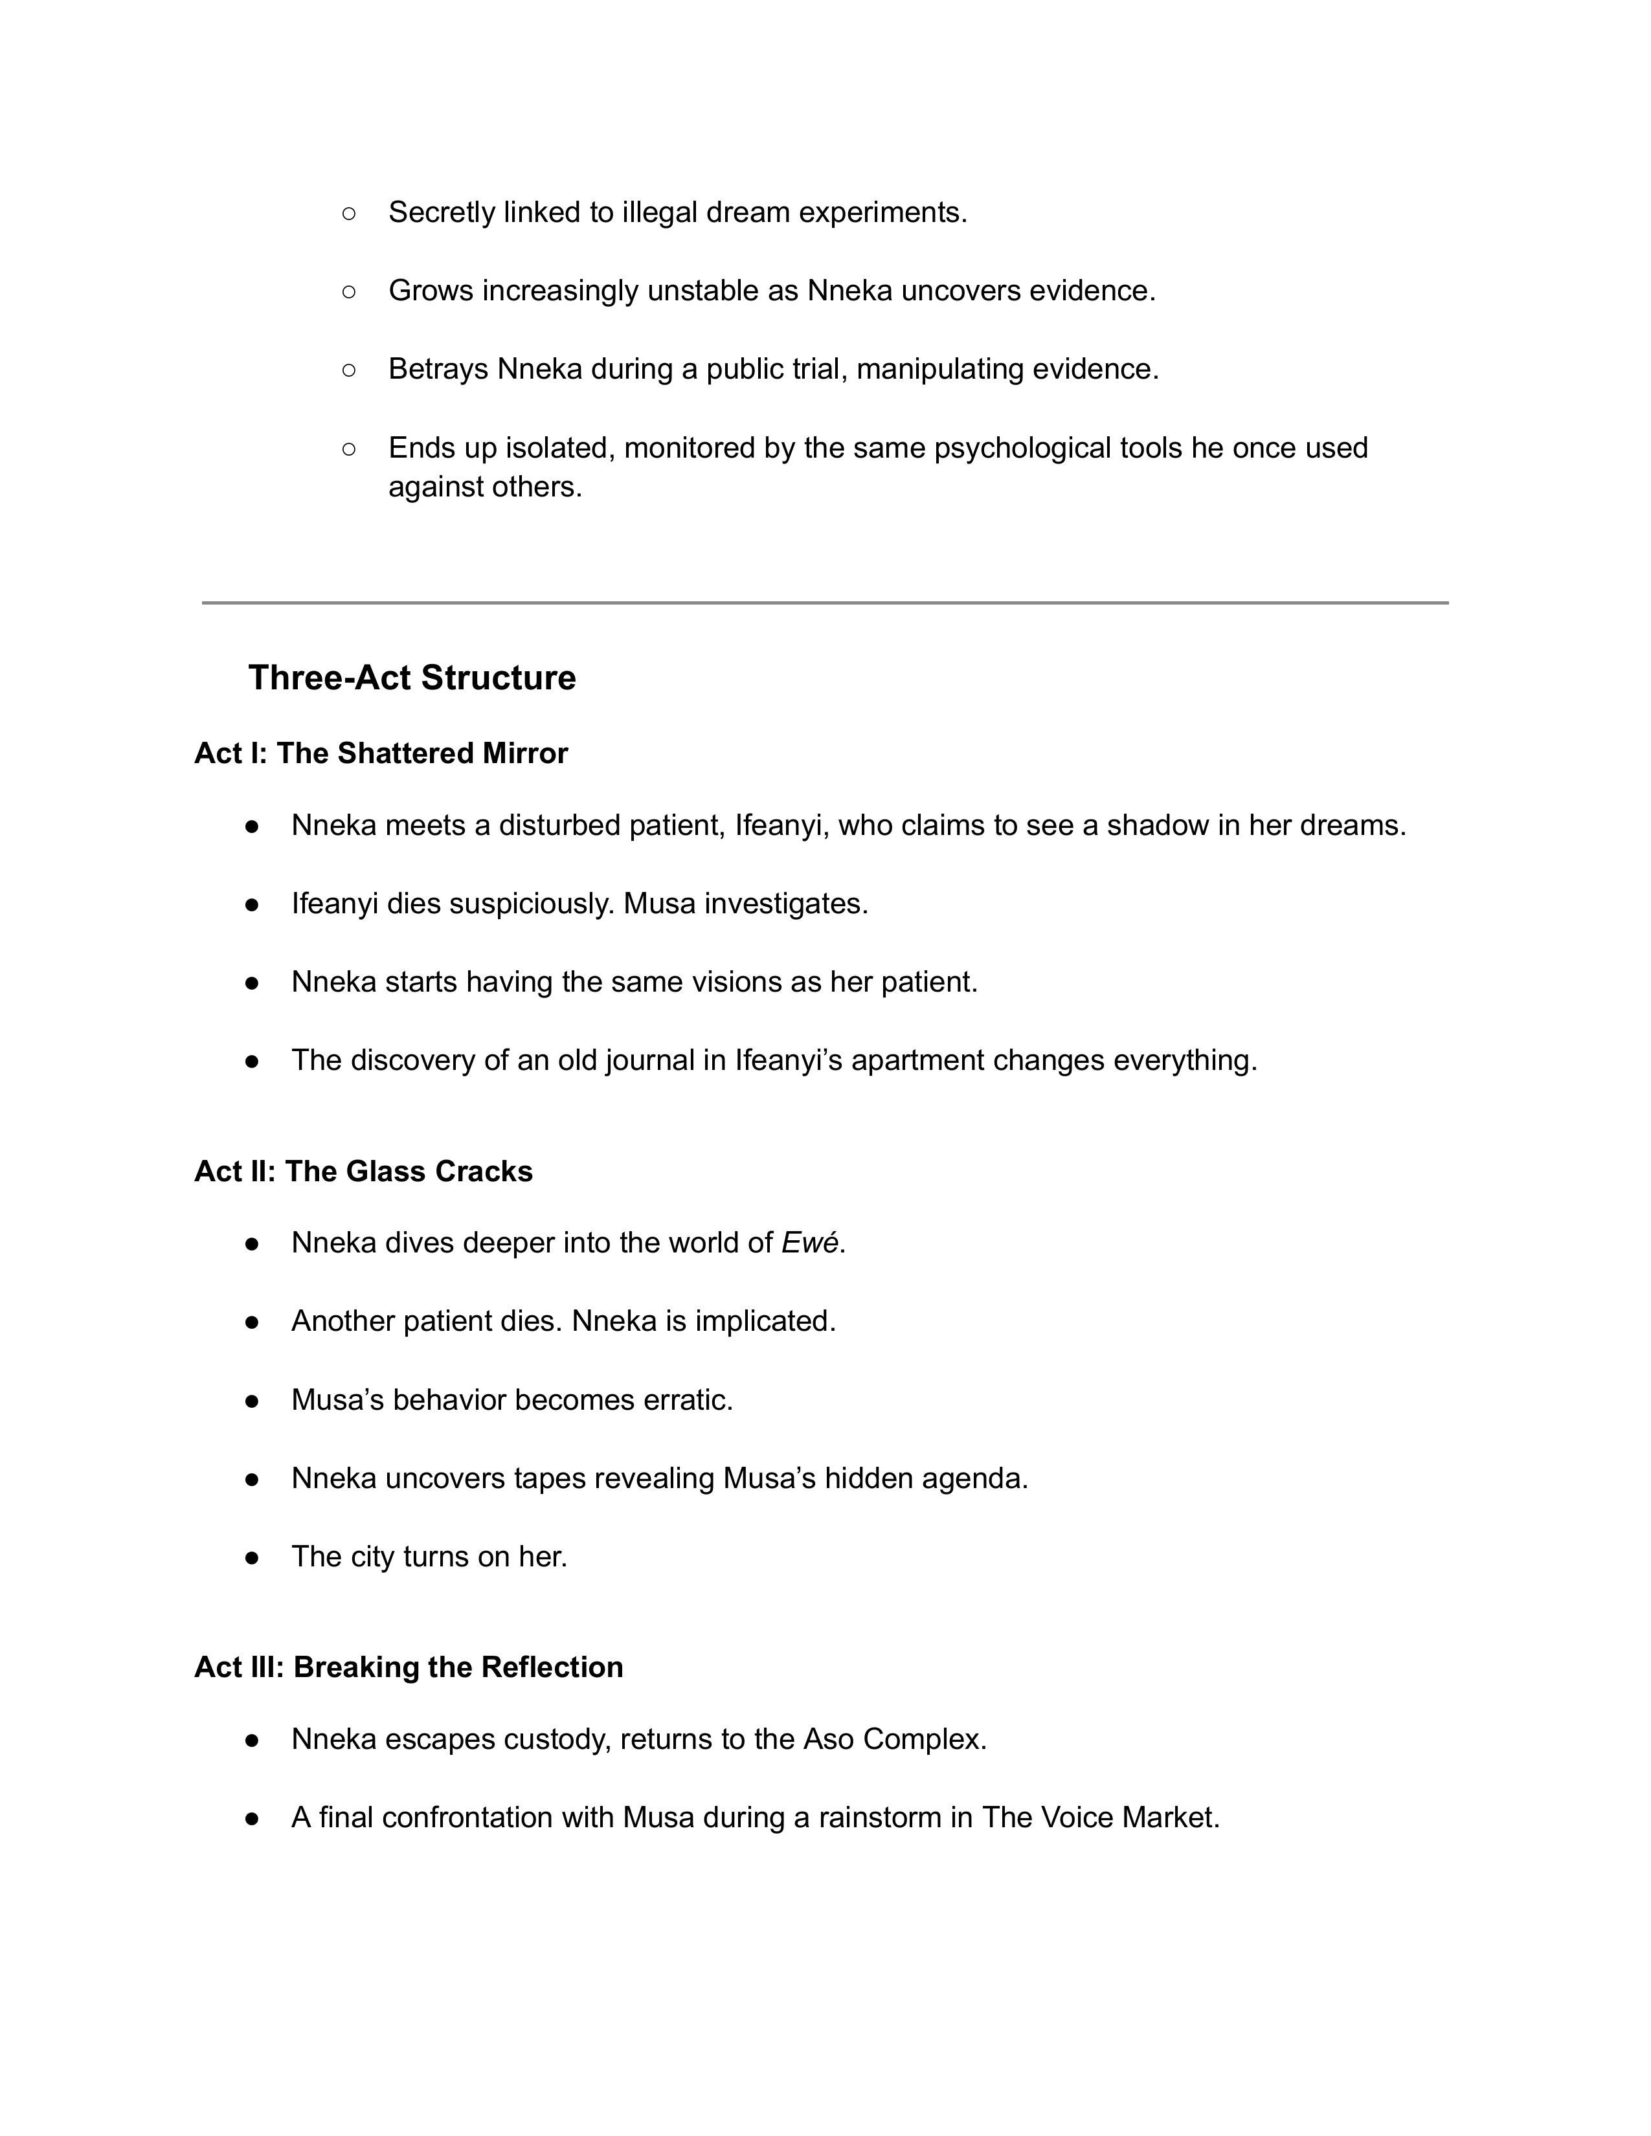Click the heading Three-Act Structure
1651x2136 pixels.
tap(412, 678)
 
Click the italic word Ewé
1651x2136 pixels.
tap(809, 1243)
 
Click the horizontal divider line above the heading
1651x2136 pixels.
tap(824, 603)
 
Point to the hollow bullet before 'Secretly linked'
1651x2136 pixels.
tap(349, 212)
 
